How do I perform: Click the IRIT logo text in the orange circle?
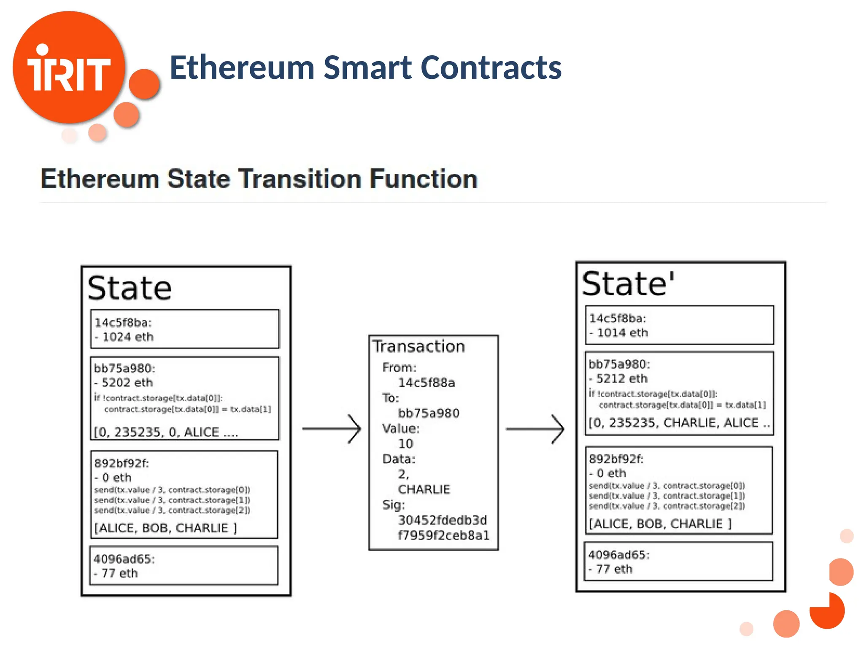68,73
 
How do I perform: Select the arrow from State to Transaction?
332,429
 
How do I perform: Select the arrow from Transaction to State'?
535,429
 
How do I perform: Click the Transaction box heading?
418,346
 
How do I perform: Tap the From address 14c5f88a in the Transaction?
426,383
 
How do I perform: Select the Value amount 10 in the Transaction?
405,444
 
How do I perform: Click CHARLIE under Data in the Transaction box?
424,489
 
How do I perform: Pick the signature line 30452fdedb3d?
442,520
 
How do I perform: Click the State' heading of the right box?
628,284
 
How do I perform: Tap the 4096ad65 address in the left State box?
124,559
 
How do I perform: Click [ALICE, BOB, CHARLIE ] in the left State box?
165,528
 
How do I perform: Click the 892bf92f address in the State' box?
616,459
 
